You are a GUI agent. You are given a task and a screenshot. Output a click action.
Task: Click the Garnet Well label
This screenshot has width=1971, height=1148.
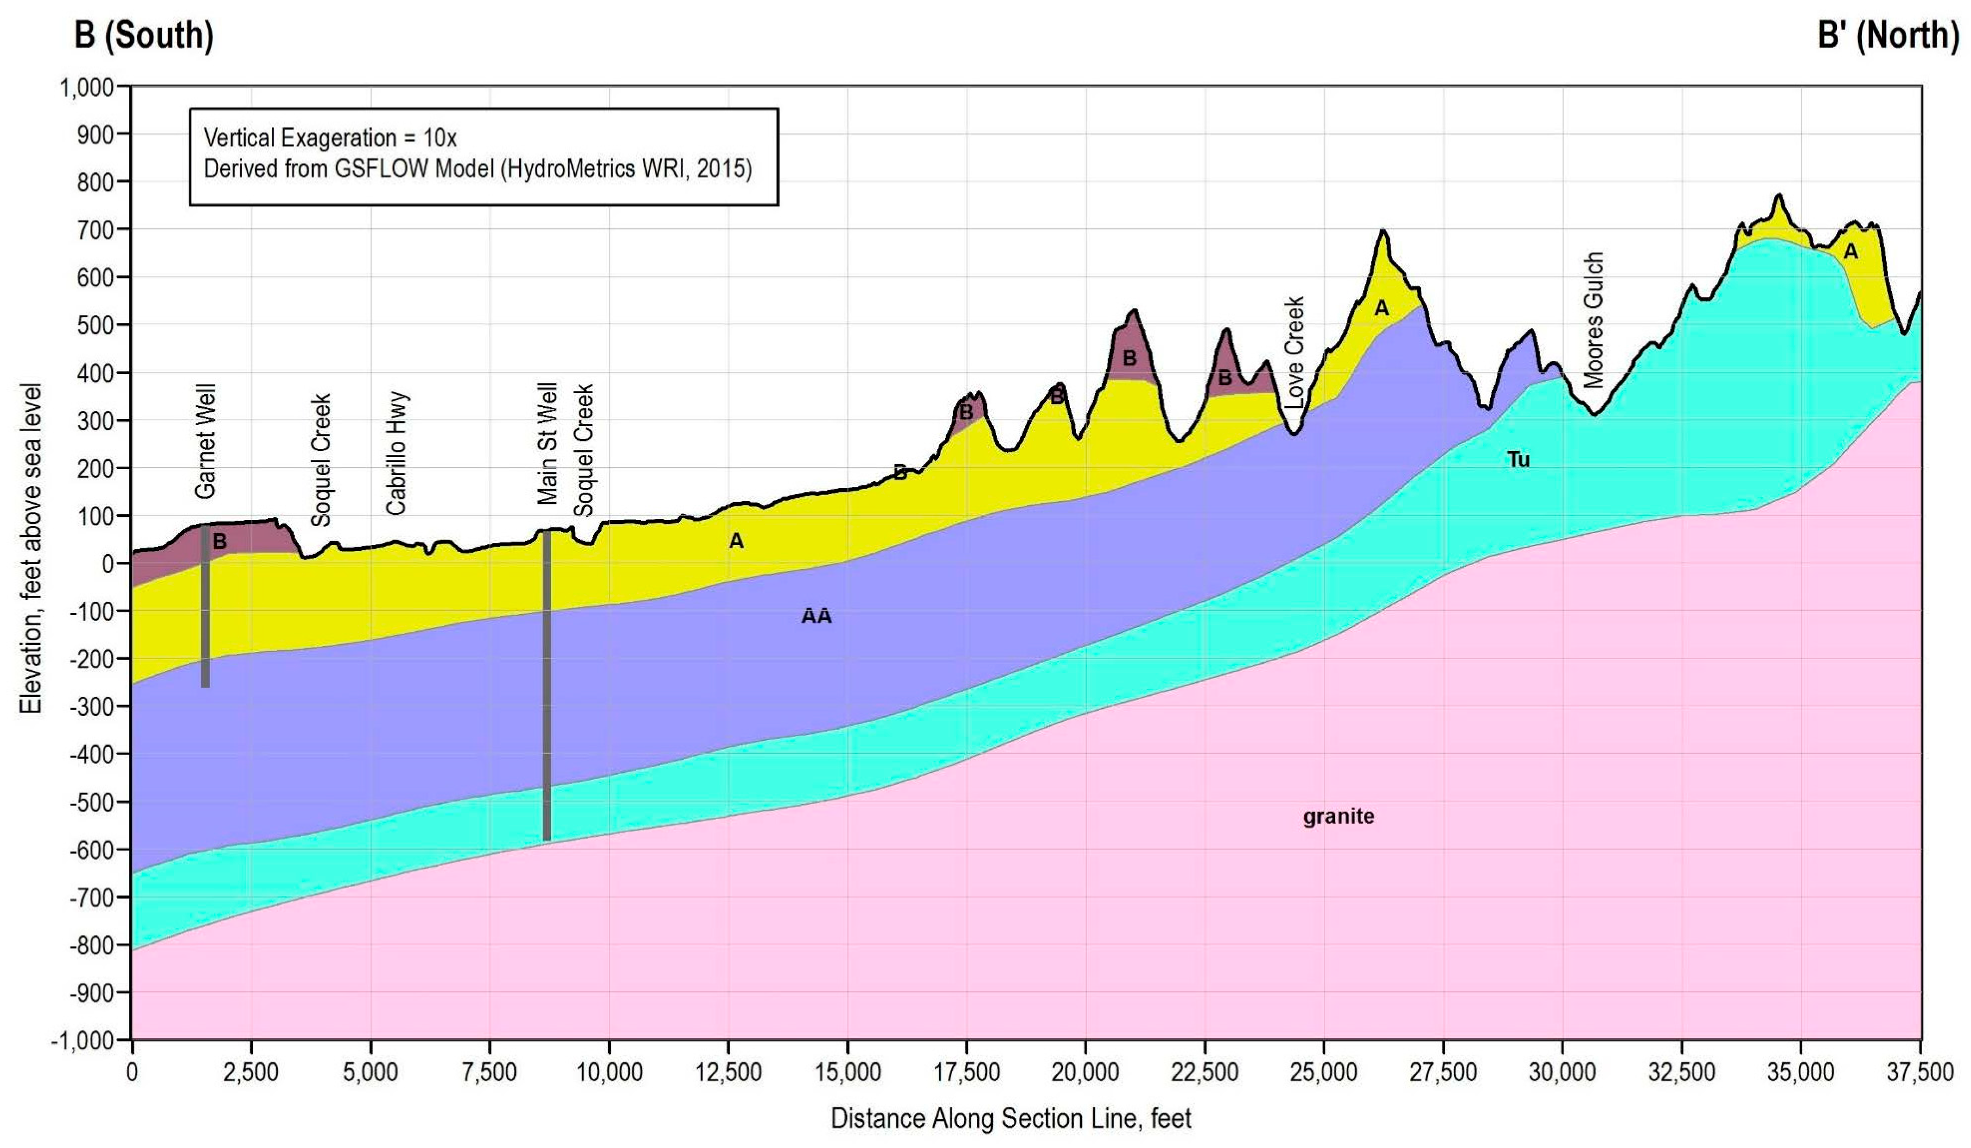tap(205, 440)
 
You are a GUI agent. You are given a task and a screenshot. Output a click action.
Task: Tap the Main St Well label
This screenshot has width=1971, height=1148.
tap(547, 442)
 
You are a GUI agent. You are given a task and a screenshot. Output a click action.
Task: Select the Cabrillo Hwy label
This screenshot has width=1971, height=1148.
tap(397, 453)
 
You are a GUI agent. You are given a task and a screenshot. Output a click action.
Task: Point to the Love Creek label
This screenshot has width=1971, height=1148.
tap(1294, 351)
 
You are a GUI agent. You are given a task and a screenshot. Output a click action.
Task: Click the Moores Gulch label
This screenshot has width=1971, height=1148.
tap(1593, 320)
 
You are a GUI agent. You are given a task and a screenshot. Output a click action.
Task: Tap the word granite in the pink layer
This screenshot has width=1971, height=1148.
tap(1338, 817)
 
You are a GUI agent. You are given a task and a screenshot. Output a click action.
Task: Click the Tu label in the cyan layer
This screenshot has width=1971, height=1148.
tap(1518, 460)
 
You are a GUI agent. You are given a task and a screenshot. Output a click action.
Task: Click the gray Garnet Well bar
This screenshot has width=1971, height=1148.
tap(205, 610)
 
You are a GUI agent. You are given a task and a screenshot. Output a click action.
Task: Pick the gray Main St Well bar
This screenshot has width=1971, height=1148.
tap(547, 688)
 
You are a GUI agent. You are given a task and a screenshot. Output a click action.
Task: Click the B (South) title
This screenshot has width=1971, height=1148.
tap(143, 35)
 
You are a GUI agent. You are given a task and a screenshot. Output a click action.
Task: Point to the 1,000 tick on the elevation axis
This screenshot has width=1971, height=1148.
tap(86, 87)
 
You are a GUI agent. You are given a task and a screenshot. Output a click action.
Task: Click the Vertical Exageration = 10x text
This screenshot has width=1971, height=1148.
tap(330, 138)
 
